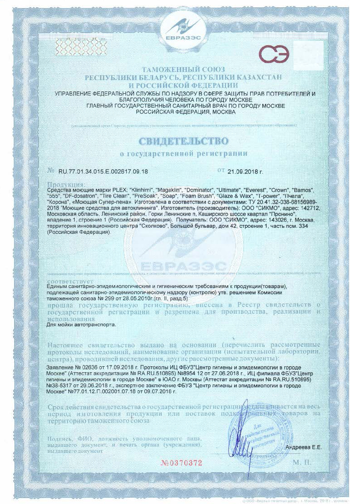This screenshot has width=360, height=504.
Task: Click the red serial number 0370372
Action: coord(181,462)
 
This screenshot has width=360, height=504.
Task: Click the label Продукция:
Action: coord(66,184)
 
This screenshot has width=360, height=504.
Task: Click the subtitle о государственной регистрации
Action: coord(183,154)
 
